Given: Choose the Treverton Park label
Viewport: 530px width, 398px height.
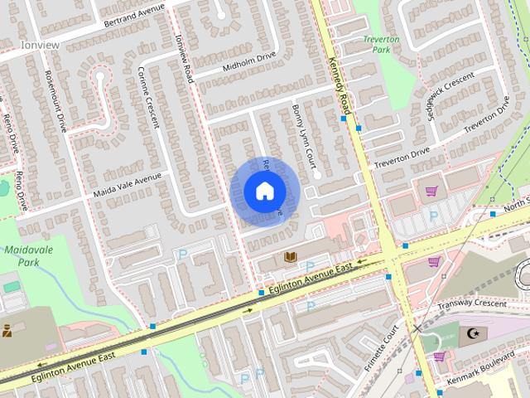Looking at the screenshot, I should [381, 44].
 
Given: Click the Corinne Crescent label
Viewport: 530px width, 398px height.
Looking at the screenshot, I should [148, 96].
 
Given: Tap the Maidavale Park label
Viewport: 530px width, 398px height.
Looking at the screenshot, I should [22, 255].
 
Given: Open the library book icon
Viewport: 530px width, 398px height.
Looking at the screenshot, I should [290, 258].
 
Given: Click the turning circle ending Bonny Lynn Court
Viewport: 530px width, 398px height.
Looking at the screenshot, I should [316, 175].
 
